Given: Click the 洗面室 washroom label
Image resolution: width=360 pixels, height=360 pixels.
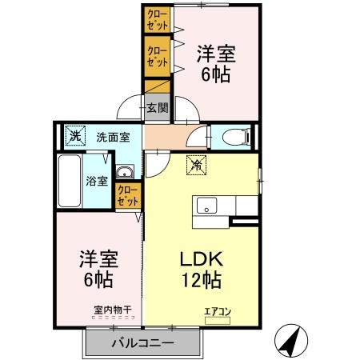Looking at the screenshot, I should [113, 137].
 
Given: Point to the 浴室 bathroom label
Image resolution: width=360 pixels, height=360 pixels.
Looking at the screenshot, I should [97, 180].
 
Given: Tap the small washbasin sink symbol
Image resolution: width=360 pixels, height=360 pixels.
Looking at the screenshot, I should [125, 174].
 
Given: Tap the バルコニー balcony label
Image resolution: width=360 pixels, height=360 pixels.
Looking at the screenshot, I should [142, 343].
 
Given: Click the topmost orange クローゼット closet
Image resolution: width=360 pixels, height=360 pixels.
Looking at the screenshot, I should [157, 20].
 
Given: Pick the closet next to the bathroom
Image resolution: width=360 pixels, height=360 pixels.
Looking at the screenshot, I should [128, 196].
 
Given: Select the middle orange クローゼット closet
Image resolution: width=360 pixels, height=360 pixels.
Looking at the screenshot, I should [157, 56].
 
